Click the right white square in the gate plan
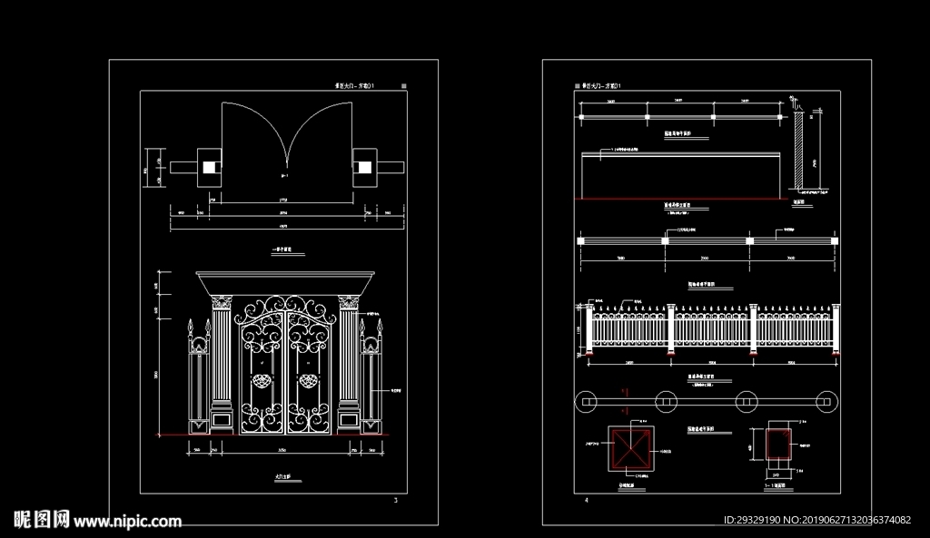point(364,167)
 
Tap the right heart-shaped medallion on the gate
point(311,382)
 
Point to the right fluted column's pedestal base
point(349,419)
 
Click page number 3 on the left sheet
point(395,500)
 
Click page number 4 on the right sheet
point(587,500)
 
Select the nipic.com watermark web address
point(127,521)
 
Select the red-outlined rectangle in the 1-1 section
point(778,446)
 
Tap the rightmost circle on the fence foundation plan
point(826,400)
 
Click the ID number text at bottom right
point(816,521)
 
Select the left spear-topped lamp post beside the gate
point(193,372)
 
